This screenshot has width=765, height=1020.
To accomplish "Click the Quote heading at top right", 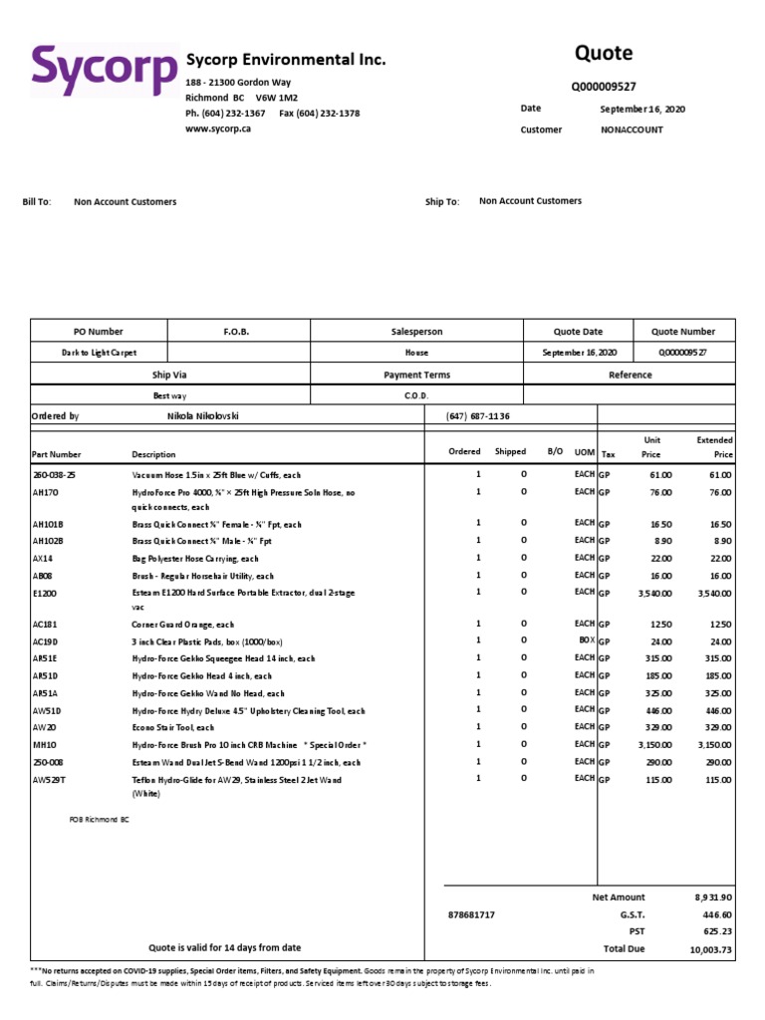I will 603,53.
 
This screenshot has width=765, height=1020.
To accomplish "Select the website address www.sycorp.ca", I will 218,128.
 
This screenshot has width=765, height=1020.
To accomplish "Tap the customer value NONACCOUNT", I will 632,129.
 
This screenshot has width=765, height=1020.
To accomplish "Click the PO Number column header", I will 99,332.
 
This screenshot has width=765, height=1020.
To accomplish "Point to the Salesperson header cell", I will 416,332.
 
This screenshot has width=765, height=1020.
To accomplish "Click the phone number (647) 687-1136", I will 478,415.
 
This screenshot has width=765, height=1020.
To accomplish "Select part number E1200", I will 46,593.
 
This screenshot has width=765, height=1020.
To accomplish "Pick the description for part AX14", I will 195,559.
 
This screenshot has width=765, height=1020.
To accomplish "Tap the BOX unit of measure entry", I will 585,639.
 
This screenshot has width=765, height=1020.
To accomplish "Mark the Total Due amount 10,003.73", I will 711,950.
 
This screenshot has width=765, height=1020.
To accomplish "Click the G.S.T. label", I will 633,914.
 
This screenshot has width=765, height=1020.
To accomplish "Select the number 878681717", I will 473,914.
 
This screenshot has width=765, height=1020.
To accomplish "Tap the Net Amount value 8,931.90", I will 713,897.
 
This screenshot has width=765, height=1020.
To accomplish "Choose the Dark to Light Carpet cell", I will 99,353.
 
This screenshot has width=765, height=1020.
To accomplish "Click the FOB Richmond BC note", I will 100,820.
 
